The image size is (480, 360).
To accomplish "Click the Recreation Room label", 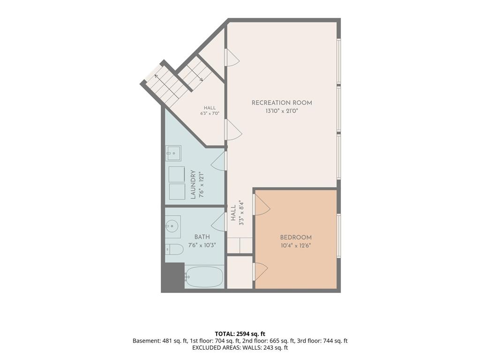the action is pyautogui.click(x=282, y=103).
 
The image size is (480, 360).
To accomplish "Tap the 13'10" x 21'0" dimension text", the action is pyautogui.click(x=282, y=111).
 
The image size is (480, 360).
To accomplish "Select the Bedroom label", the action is pyautogui.click(x=296, y=237).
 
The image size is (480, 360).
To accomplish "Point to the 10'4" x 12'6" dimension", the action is pyautogui.click(x=296, y=246).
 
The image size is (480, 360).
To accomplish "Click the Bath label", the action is pyautogui.click(x=202, y=237).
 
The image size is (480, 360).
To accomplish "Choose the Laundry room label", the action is pyautogui.click(x=193, y=185).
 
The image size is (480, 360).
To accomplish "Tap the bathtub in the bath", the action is pyautogui.click(x=204, y=277).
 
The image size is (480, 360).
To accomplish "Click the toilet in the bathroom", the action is pyautogui.click(x=174, y=249).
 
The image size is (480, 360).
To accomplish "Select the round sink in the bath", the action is pyautogui.click(x=172, y=226).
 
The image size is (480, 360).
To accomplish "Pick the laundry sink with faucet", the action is pyautogui.click(x=173, y=153).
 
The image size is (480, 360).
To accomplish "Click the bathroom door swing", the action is pyautogui.click(x=218, y=222).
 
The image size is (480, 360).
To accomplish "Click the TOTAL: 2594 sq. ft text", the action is pyautogui.click(x=240, y=334).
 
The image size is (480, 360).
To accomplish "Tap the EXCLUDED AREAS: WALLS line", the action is pyautogui.click(x=240, y=348).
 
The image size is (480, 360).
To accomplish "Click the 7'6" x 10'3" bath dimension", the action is pyautogui.click(x=202, y=245).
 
